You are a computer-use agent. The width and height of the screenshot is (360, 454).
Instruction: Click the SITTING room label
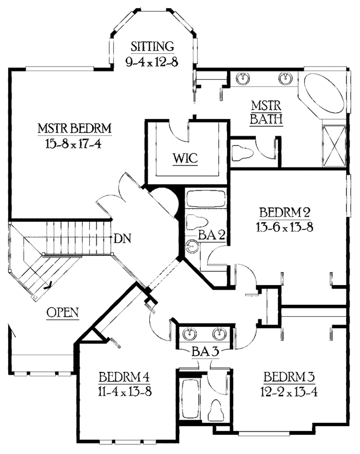pyautogui.click(x=152, y=46)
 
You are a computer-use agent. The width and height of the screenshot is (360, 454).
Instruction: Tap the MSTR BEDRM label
pyautogui.click(x=75, y=128)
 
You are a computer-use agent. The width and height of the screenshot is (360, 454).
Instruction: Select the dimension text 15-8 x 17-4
pyautogui.click(x=73, y=144)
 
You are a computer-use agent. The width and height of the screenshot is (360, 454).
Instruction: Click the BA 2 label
pyautogui.click(x=211, y=235)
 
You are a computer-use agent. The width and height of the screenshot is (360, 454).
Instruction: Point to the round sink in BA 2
pyautogui.click(x=192, y=246)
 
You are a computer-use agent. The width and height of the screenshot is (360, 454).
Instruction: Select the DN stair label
pyautogui.click(x=123, y=239)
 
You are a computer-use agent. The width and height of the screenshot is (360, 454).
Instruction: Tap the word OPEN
pyautogui.click(x=63, y=312)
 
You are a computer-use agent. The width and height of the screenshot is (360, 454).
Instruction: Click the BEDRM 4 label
pyautogui.click(x=124, y=377)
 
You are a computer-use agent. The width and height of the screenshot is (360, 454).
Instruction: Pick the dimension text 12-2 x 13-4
pyautogui.click(x=289, y=391)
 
